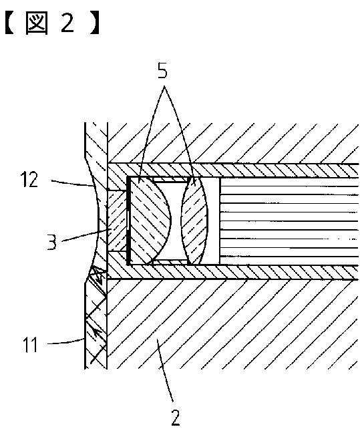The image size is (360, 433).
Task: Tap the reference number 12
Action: click(x=29, y=180)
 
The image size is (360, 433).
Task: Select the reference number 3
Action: click(x=51, y=243)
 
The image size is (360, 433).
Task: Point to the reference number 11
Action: click(x=31, y=344)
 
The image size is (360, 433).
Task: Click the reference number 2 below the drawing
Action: click(x=176, y=417)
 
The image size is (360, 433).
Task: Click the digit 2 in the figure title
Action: click(x=67, y=23)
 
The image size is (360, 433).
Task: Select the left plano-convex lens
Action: click(x=150, y=220)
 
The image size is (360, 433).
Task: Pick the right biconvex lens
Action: click(x=194, y=221)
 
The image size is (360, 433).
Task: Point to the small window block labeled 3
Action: click(x=117, y=221)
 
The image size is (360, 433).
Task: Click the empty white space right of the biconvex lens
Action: click(x=212, y=221)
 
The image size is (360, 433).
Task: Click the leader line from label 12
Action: click(x=72, y=183)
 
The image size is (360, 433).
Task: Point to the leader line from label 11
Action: click(x=65, y=342)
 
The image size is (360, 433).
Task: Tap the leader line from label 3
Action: click(x=85, y=235)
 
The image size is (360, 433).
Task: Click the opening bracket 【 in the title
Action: click(x=10, y=24)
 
